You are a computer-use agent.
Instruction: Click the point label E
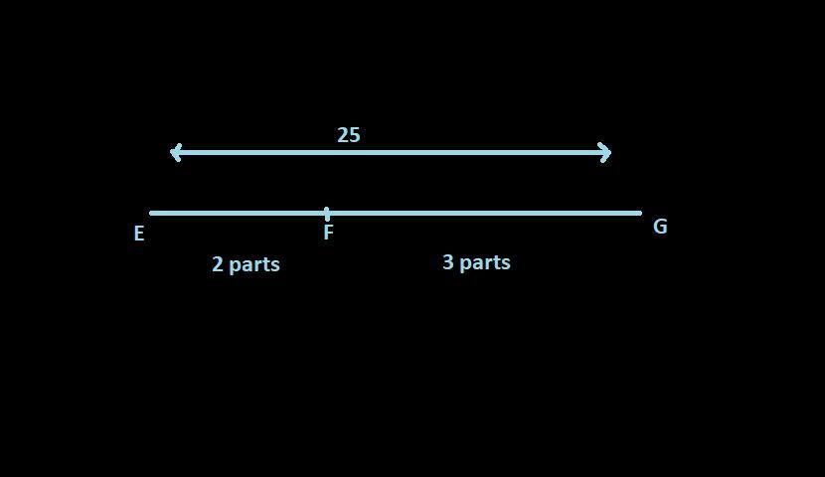(139, 234)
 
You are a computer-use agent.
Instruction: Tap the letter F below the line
(328, 234)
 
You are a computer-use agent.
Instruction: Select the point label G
(660, 227)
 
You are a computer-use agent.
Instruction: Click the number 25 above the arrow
(348, 135)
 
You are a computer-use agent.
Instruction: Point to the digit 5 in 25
(354, 135)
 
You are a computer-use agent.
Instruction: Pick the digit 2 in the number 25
(342, 135)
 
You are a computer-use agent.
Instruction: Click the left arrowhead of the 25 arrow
(175, 152)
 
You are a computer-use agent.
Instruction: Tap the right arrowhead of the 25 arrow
(605, 152)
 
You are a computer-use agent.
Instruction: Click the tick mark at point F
(327, 213)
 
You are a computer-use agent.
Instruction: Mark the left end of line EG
(152, 213)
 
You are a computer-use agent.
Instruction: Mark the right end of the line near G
(639, 213)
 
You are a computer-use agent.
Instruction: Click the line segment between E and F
(239, 213)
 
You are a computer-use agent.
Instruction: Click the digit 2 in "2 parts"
(217, 264)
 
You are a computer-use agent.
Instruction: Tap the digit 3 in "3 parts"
(447, 262)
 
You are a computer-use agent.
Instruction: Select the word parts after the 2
(254, 265)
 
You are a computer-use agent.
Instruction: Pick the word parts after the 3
(485, 263)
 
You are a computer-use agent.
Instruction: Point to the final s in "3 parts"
(506, 263)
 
